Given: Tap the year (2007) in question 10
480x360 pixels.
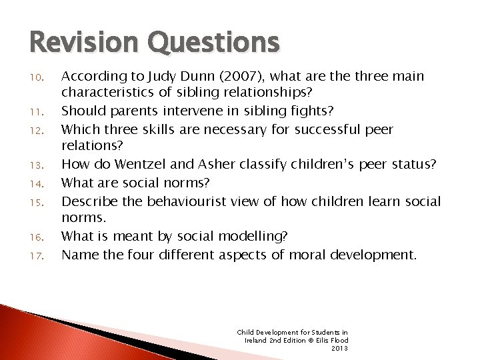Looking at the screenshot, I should click(224, 77).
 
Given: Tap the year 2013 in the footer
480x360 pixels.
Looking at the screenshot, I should click(339, 348).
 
